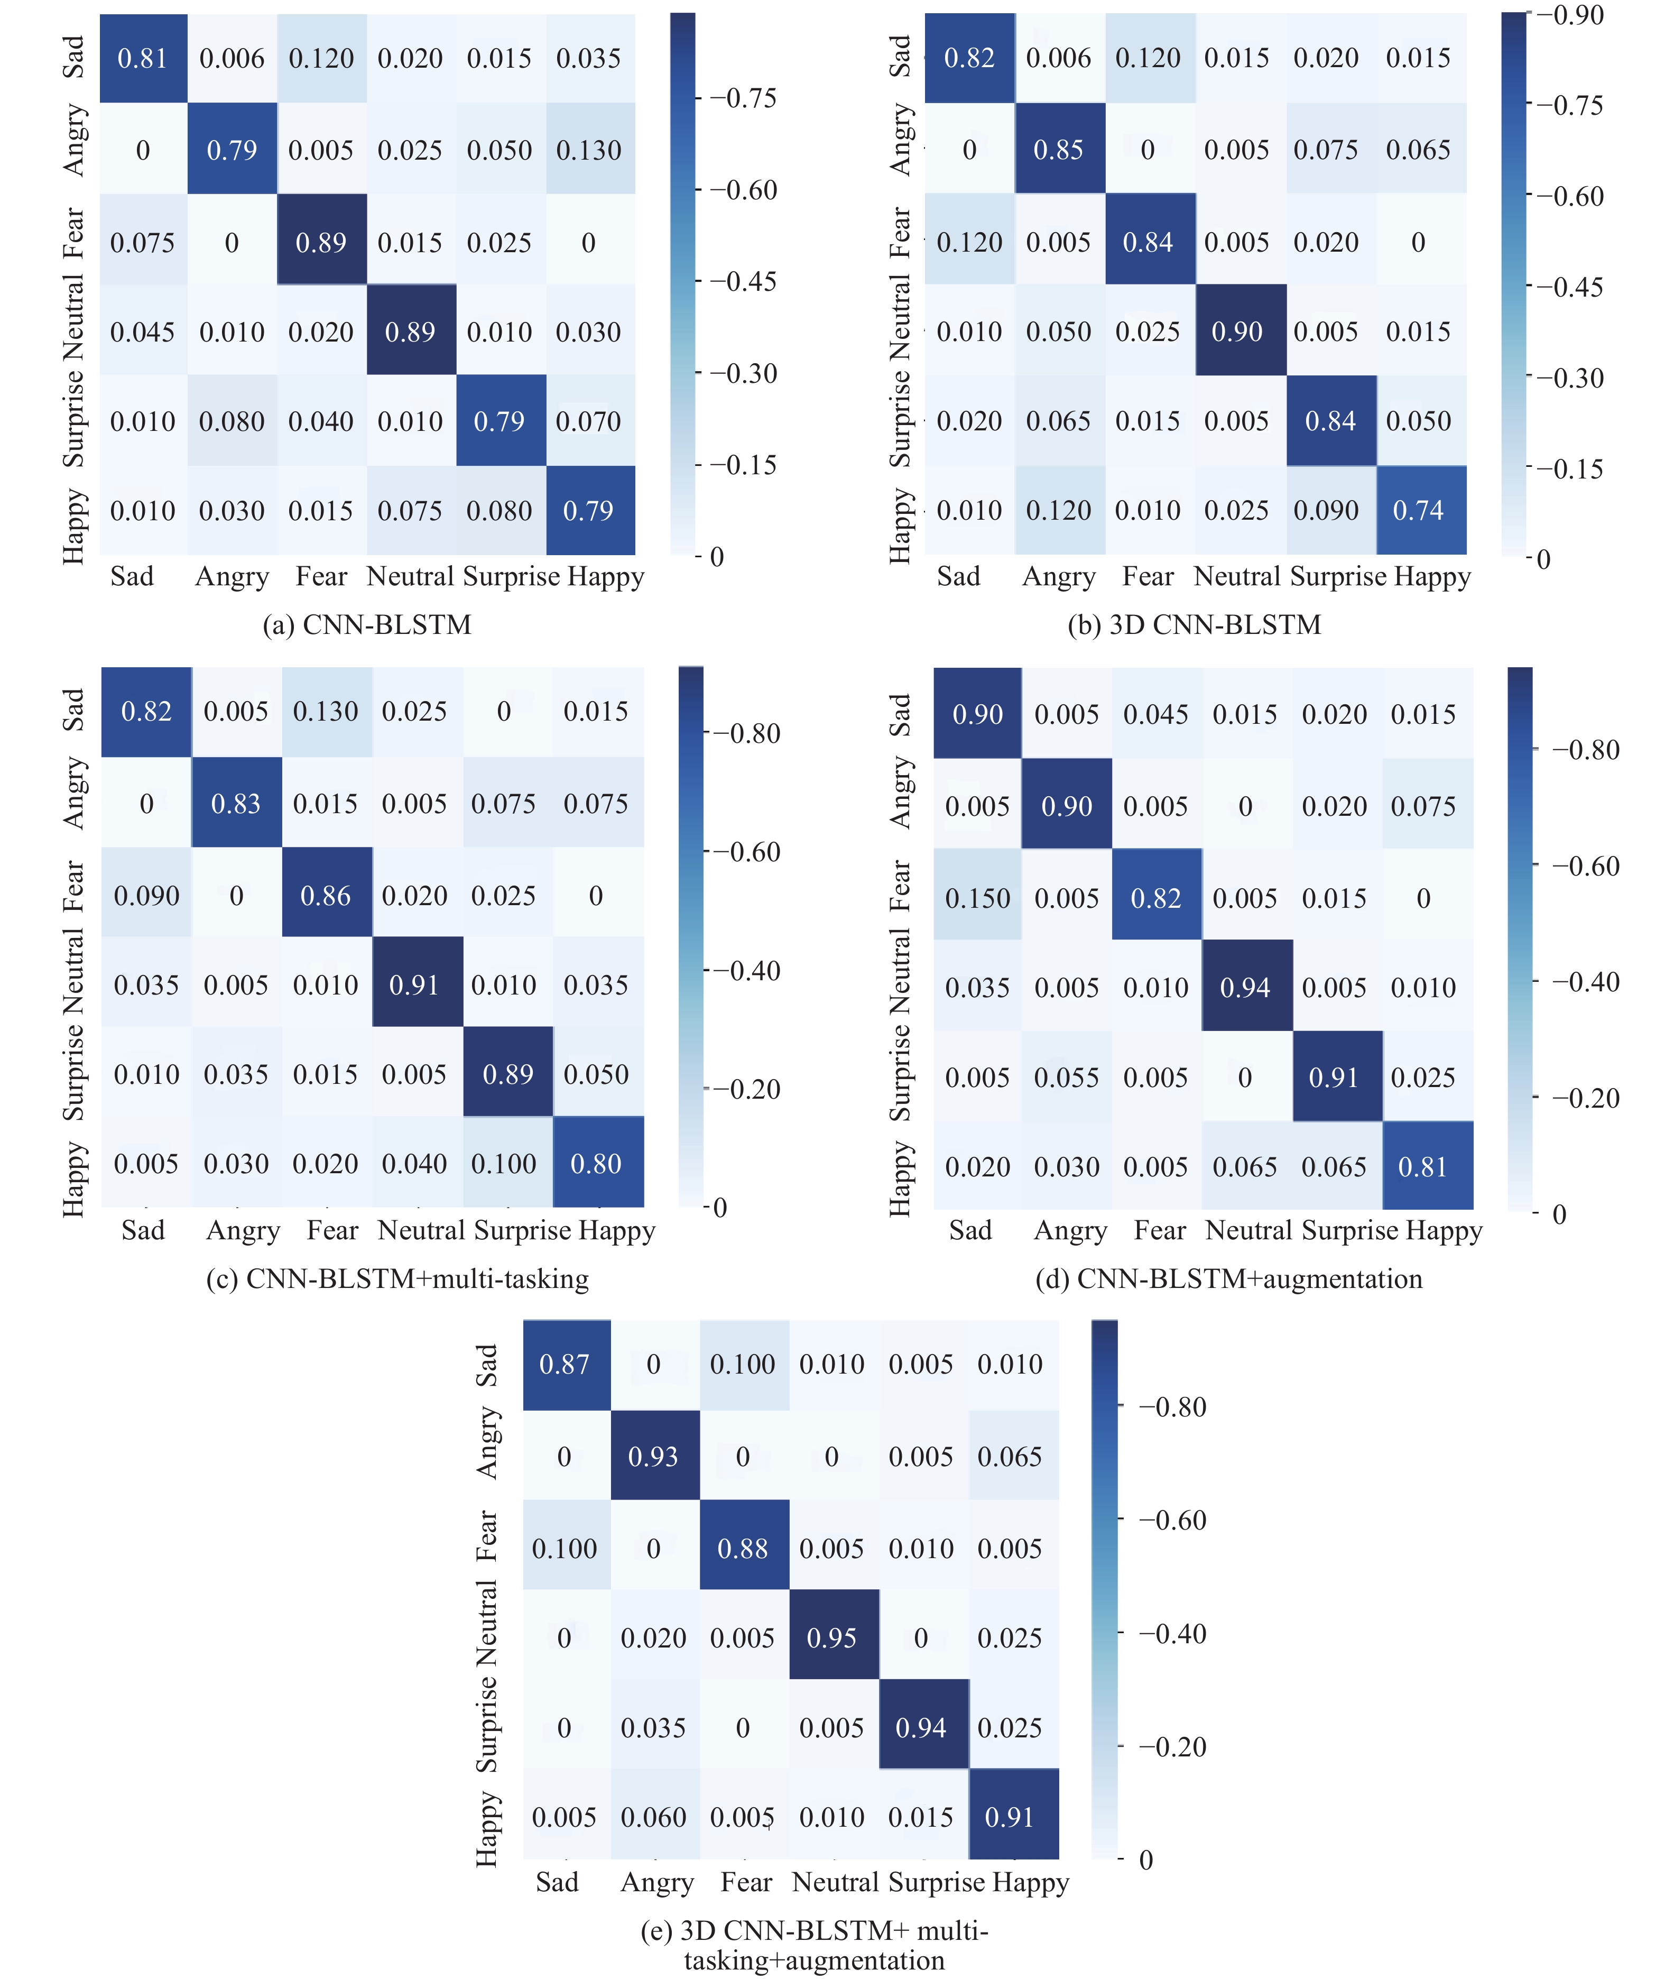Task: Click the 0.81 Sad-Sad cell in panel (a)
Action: coord(143,59)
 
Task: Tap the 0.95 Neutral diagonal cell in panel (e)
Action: coord(831,1638)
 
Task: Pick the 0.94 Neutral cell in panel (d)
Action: coord(1245,988)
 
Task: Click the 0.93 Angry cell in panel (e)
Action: coord(653,1457)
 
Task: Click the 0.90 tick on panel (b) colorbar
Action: coord(1570,15)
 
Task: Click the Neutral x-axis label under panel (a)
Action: coord(411,576)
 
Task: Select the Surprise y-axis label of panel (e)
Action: coord(486,1725)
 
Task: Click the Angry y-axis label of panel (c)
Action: coord(73,793)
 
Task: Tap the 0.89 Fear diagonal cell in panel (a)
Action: coord(321,243)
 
